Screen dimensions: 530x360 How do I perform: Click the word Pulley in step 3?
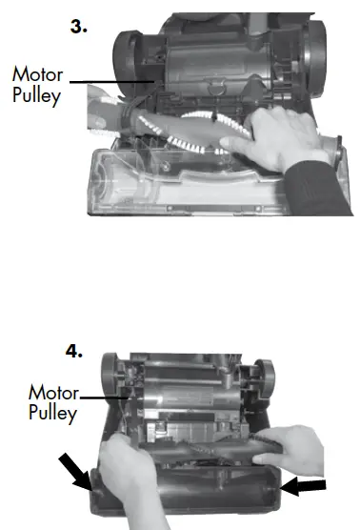click(x=36, y=95)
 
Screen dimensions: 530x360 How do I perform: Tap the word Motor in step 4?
click(x=53, y=392)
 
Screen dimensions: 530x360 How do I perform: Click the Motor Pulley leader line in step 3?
click(x=105, y=83)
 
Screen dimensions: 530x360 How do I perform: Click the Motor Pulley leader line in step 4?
click(x=100, y=397)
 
